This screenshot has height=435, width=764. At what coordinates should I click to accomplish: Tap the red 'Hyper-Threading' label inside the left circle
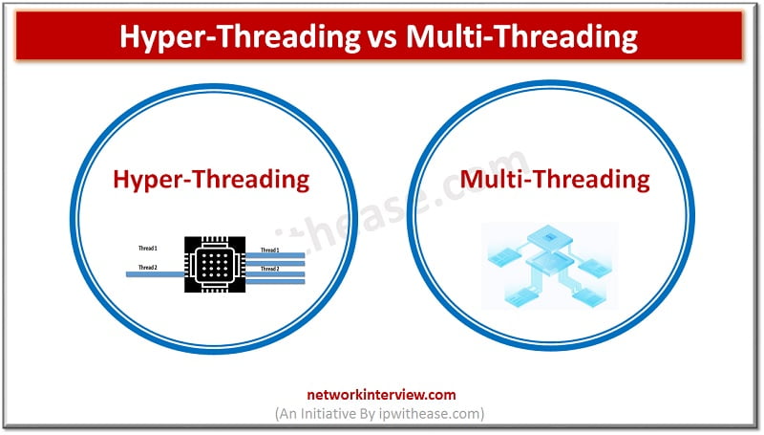(211, 179)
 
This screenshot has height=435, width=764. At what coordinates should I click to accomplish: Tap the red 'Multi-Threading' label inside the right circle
(555, 179)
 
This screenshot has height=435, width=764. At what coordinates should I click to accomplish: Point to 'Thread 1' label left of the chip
(148, 249)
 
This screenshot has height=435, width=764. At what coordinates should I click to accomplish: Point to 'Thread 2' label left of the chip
(148, 267)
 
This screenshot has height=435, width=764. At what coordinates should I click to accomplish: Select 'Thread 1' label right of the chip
(270, 250)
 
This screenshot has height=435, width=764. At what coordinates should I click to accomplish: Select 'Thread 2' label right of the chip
(270, 269)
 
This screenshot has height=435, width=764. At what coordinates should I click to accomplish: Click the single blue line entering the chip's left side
(153, 273)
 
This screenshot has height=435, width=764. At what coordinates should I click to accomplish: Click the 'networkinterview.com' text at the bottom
(382, 394)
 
